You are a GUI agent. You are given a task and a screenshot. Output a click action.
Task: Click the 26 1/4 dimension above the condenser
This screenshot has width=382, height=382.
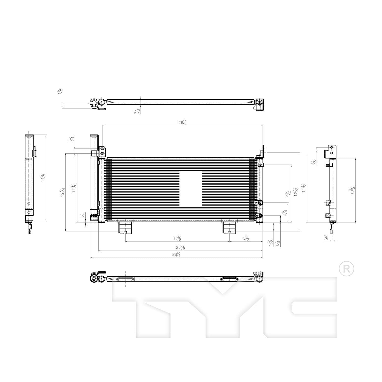tap(183, 123)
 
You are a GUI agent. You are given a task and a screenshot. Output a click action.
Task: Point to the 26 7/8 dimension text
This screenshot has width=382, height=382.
tap(181, 247)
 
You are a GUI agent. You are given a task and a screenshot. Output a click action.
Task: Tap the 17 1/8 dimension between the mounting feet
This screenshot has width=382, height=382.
tap(178, 238)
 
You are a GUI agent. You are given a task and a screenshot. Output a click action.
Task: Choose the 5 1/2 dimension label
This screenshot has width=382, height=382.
tap(246, 238)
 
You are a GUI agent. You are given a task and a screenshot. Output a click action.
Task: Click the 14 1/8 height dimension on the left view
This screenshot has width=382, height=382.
tap(43, 178)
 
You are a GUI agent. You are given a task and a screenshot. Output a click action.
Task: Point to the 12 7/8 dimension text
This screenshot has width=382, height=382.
tap(296, 192)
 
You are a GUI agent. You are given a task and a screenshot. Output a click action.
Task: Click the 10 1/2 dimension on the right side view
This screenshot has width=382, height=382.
tap(352, 190)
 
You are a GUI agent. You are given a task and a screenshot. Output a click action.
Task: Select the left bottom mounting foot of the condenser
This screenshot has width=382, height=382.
tap(125, 227)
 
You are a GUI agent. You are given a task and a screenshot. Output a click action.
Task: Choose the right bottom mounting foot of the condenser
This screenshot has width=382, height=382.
tap(230, 227)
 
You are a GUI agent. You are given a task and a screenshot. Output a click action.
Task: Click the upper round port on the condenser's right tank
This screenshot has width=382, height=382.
tap(260, 203)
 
